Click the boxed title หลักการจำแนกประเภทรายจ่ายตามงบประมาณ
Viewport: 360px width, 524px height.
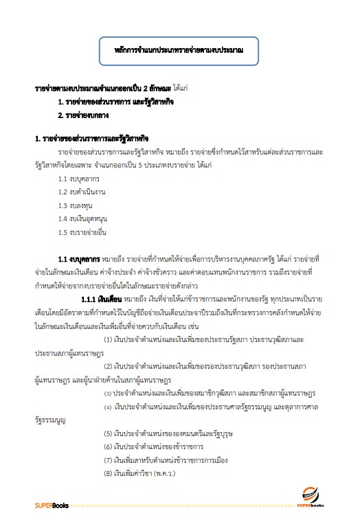[x=179, y=50]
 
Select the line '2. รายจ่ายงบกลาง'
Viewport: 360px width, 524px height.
[x=89, y=115]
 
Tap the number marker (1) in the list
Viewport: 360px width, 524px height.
[x=109, y=340]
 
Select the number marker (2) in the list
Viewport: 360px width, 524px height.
[x=109, y=366]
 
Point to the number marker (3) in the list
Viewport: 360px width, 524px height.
[x=109, y=393]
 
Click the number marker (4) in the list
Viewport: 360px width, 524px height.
[x=109, y=407]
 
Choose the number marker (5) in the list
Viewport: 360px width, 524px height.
[x=109, y=433]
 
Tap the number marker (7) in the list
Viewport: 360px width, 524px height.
[x=109, y=459]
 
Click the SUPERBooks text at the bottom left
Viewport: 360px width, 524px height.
[x=49, y=505]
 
